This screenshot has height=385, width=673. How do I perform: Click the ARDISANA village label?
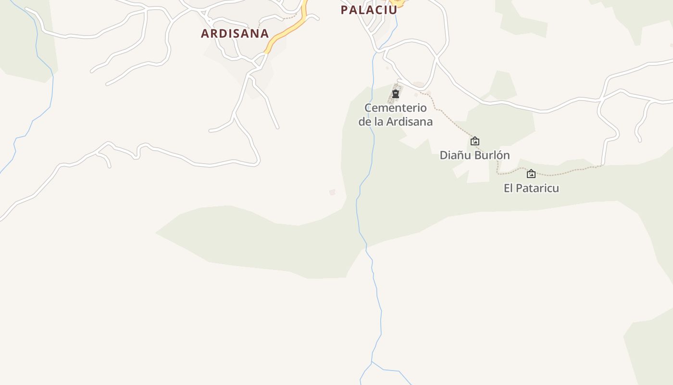point(235,33)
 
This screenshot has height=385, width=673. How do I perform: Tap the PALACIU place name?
point(369,10)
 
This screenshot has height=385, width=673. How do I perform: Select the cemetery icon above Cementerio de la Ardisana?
point(396,94)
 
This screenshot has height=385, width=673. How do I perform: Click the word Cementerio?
point(396,108)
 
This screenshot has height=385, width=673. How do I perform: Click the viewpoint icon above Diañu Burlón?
point(475,141)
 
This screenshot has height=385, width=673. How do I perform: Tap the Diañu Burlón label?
point(474,155)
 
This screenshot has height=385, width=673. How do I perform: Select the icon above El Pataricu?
point(531,174)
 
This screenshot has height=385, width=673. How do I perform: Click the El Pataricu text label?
point(531,188)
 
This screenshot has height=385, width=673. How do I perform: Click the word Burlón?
point(492,155)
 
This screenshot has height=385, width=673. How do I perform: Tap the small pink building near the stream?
point(332,192)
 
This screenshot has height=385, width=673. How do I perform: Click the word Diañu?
point(455,155)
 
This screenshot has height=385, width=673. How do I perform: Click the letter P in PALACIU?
point(344,10)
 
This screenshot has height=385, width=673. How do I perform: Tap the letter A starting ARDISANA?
point(205,33)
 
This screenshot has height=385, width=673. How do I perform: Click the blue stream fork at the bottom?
point(372,362)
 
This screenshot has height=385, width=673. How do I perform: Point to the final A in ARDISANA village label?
point(264,33)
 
